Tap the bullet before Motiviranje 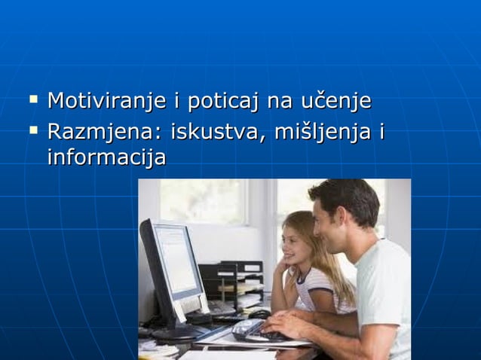click(33, 98)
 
